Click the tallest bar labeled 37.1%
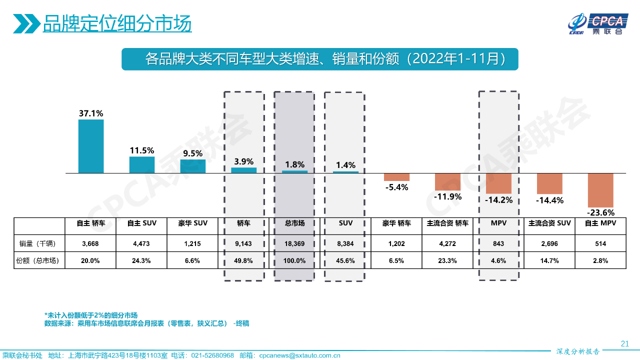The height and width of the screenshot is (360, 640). click(x=91, y=146)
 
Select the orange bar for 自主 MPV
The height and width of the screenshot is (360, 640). click(x=600, y=188)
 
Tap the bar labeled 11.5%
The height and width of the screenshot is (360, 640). click(x=142, y=164)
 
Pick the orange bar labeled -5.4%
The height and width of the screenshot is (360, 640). click(x=396, y=177)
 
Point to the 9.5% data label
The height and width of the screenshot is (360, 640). click(x=192, y=153)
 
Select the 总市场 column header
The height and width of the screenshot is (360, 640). click(x=294, y=223)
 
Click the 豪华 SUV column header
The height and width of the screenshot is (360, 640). click(x=192, y=223)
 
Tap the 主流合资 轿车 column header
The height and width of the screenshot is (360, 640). click(x=447, y=223)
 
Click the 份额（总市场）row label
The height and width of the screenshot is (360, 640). click(x=39, y=260)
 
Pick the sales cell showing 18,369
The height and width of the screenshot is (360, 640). click(x=294, y=244)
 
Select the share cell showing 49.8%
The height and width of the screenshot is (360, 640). click(x=243, y=260)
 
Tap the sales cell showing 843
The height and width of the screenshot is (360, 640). click(x=498, y=244)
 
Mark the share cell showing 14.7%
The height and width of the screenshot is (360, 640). click(x=549, y=260)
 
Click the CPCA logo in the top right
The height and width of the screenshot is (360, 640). click(x=597, y=24)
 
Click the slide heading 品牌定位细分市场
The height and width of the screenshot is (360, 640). click(x=117, y=23)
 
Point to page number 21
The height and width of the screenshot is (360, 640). click(x=624, y=343)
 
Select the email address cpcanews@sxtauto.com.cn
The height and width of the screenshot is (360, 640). click(x=300, y=355)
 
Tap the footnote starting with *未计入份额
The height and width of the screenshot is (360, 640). click(x=91, y=315)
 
